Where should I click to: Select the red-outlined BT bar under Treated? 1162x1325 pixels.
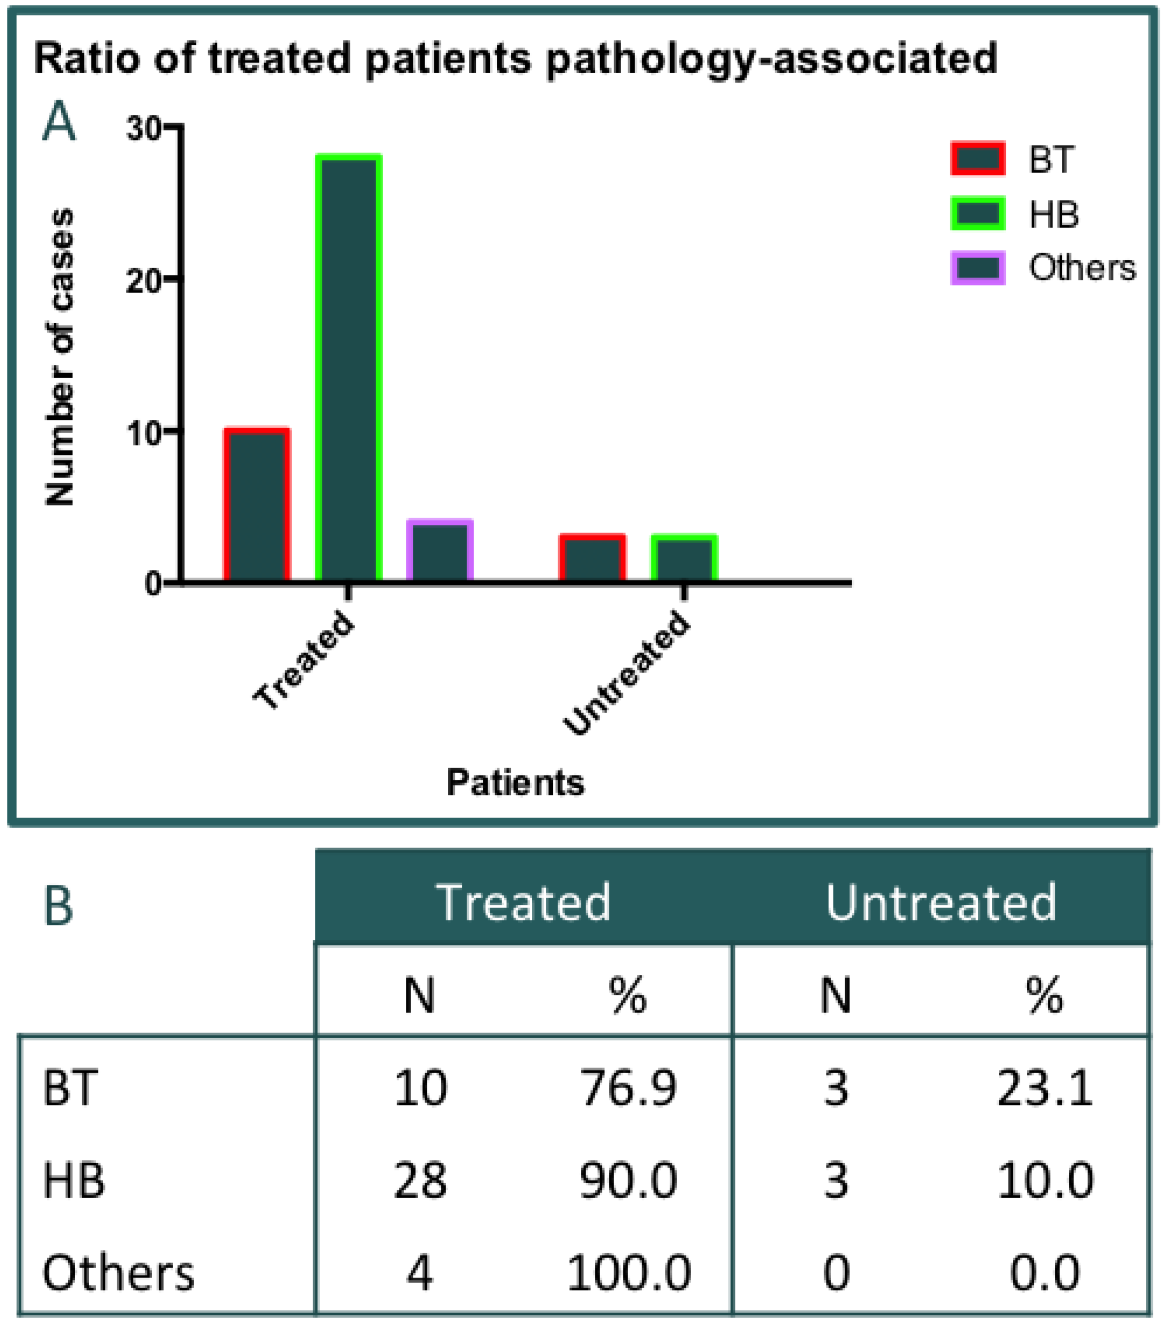point(256,505)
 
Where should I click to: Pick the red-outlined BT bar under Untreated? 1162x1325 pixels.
point(593,558)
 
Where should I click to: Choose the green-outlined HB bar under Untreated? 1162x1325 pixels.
point(684,558)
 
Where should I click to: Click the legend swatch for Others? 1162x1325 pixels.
point(977,268)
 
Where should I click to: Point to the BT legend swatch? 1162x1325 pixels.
point(977,158)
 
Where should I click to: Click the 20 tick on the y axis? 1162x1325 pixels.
point(144,281)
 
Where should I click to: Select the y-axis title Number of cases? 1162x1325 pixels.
point(60,357)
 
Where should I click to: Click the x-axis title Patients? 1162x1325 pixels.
point(515,782)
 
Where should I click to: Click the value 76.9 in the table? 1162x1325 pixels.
point(628,1088)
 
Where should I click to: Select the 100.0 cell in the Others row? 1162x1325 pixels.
point(628,1272)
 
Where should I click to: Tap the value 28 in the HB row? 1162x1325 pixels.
point(420,1180)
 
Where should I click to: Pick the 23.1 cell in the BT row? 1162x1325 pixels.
point(1044,1088)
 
